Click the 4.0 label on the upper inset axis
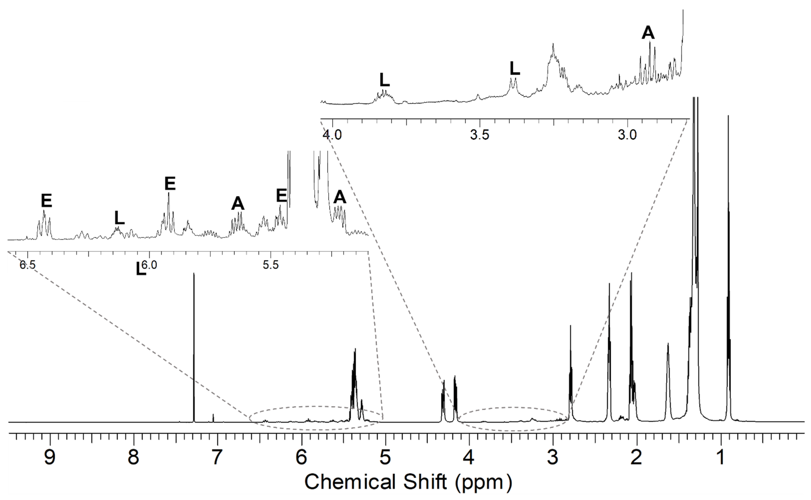pos(332,135)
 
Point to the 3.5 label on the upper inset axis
pos(480,135)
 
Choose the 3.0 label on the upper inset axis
pos(627,135)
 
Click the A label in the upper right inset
pos(648,33)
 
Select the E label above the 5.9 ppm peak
pos(170,184)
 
